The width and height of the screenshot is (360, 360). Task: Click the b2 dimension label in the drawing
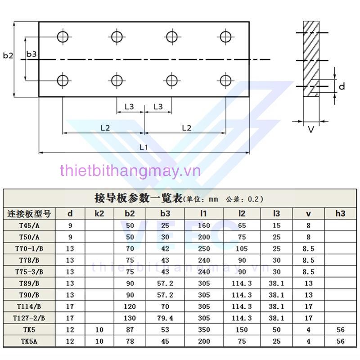pyautogui.click(x=8, y=56)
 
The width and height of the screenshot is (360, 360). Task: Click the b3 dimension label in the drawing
pyautogui.click(x=31, y=54)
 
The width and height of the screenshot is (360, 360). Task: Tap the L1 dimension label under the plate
pyautogui.click(x=144, y=147)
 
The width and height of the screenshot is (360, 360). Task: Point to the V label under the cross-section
pyautogui.click(x=310, y=130)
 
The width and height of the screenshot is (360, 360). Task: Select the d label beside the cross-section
pyautogui.click(x=342, y=86)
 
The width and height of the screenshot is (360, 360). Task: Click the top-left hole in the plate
pyautogui.click(x=63, y=36)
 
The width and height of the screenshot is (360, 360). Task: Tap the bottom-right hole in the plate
pyautogui.click(x=225, y=81)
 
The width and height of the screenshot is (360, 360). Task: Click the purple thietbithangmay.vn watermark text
pyautogui.click(x=130, y=171)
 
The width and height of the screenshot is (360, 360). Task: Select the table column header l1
pyautogui.click(x=204, y=213)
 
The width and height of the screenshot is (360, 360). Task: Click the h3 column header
pyautogui.click(x=340, y=213)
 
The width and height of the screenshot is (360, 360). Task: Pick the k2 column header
pyautogui.click(x=99, y=213)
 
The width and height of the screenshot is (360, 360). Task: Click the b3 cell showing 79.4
pyautogui.click(x=165, y=318)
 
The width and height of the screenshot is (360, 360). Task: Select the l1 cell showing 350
pyautogui.click(x=204, y=330)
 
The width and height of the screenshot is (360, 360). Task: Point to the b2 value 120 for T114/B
pyautogui.click(x=130, y=306)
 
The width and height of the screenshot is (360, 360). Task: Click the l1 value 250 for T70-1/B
pyautogui.click(x=204, y=248)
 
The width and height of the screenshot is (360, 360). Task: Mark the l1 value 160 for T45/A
pyautogui.click(x=204, y=225)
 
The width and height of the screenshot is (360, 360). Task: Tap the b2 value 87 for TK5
pyautogui.click(x=130, y=330)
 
